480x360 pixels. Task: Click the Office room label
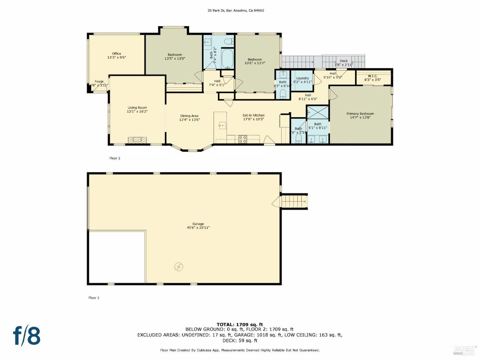(116, 54)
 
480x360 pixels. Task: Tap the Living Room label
(137, 108)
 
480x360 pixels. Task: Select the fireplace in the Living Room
(137, 140)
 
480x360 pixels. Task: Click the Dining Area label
(189, 116)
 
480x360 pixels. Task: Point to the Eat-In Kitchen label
(253, 115)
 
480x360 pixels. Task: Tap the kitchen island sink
(222, 125)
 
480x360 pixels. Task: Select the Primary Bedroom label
(360, 114)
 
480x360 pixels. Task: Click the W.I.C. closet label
(372, 76)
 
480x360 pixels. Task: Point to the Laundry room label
(302, 78)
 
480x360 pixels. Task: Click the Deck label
(343, 61)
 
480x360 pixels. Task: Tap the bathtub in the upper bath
(228, 59)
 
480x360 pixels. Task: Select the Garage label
(198, 224)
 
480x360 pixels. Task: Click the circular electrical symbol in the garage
(179, 267)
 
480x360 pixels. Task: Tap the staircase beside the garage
(294, 202)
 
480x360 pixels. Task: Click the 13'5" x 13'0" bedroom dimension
(175, 59)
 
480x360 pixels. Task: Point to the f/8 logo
(27, 335)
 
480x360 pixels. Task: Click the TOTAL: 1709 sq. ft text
(240, 324)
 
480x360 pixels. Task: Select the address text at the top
(236, 11)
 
